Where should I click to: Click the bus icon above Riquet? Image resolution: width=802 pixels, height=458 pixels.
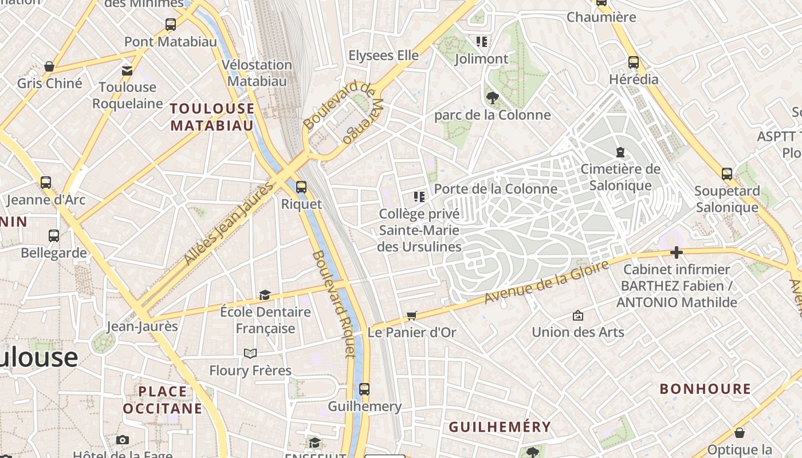tap(301, 187)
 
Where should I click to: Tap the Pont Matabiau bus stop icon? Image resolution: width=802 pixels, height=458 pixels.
tap(171, 25)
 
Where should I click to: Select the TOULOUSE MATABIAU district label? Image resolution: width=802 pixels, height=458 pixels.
tap(212, 117)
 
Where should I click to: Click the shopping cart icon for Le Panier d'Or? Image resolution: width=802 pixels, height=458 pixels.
tap(411, 315)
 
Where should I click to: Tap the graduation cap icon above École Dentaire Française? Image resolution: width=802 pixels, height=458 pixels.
tap(265, 295)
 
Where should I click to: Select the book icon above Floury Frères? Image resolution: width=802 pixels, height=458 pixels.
tap(250, 353)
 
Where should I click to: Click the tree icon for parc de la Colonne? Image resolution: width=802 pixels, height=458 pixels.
tap(492, 98)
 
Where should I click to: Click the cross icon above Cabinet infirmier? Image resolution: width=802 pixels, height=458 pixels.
tap(677, 252)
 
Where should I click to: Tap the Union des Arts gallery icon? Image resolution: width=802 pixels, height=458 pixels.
tap(577, 315)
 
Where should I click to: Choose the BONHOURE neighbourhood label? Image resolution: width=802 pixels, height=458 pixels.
tap(705, 389)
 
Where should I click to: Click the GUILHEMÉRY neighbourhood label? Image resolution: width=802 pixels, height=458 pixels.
tap(500, 427)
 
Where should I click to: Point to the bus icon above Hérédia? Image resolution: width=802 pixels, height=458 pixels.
tap(634, 62)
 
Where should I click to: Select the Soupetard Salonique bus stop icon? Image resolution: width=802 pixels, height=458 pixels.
tap(727, 174)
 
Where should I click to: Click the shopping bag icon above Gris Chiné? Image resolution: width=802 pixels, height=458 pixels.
tap(49, 66)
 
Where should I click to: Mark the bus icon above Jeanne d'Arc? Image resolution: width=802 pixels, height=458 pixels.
tap(46, 183)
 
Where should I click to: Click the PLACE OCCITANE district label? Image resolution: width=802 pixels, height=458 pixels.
tap(163, 400)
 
